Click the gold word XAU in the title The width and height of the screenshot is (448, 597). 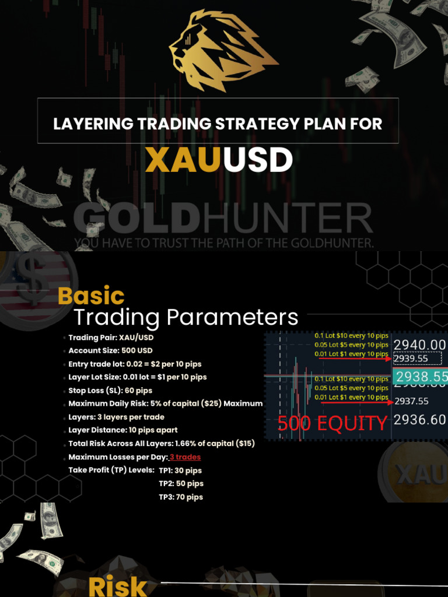[x=184, y=161]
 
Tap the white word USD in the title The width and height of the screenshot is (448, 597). [x=258, y=161]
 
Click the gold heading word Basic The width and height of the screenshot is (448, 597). [x=91, y=296]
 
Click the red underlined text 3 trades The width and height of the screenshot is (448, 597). [x=185, y=457]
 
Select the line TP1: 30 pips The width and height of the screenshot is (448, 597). [x=180, y=470]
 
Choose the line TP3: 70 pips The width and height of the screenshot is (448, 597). [x=181, y=497]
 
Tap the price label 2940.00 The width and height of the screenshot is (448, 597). [x=419, y=345]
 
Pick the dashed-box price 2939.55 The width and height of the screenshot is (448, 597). [x=411, y=359]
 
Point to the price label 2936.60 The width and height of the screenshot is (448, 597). [x=419, y=420]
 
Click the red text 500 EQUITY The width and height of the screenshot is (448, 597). [x=332, y=423]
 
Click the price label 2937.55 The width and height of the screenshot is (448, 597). [x=412, y=401]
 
